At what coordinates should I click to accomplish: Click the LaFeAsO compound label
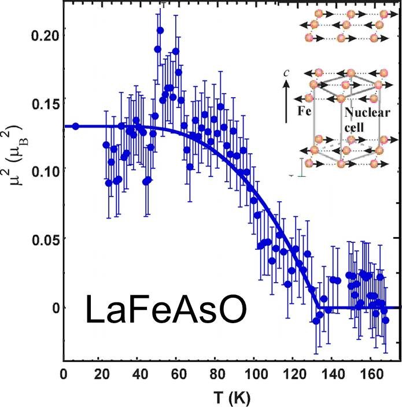click(x=167, y=310)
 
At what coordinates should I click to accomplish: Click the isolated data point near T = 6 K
click(x=75, y=126)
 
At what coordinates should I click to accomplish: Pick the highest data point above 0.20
click(x=160, y=30)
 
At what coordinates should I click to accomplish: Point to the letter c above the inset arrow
click(x=294, y=74)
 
